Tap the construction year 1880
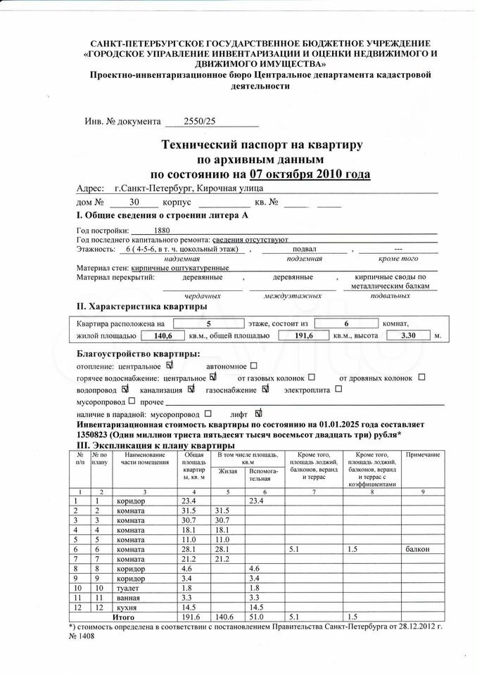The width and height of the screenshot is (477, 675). coord(161,230)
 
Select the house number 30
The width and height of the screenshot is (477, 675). coord(144,202)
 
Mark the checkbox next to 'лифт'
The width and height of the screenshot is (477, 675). coord(258,413)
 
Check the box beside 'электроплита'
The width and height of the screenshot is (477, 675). coord(338,389)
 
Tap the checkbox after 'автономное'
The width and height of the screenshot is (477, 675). coord(254,366)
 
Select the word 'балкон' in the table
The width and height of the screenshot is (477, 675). coord(419,548)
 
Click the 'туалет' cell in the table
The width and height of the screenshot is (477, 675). coord(127,587)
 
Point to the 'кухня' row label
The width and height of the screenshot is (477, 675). coord(127,606)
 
